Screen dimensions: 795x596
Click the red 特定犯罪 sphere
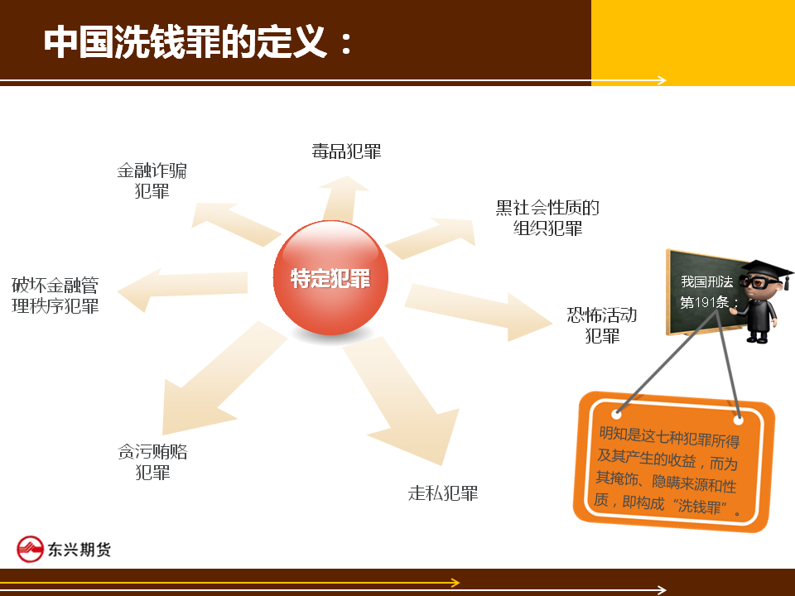pos(330,278)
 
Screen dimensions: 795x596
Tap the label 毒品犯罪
pos(346,151)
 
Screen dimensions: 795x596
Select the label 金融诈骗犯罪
pos(152,180)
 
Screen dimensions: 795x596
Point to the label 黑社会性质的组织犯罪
pos(547,218)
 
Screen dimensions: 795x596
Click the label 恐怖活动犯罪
pos(602,324)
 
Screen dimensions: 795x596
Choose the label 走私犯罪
pos(443,493)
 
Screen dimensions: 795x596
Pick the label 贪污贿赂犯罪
pos(152,461)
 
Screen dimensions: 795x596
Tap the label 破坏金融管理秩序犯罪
pos(55,295)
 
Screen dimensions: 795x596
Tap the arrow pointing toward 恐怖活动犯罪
pos(479,310)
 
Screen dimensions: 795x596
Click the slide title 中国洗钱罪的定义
pos(185,41)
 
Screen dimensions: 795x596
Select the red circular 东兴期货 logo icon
pos(31,550)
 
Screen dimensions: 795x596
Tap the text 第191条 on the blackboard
pos(705,303)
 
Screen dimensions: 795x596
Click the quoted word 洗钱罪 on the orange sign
pos(699,505)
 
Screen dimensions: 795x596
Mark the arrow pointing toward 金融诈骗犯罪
pos(236,223)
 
